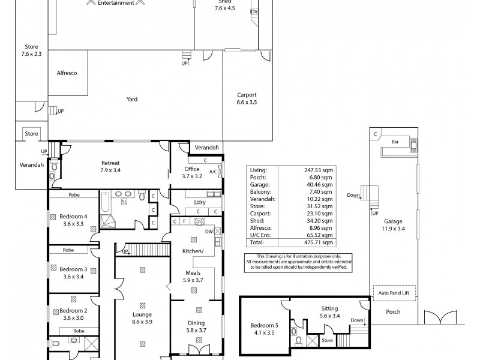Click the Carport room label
[247, 98]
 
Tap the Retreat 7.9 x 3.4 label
[110, 166]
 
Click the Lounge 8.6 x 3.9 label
[142, 318]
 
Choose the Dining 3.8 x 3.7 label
[196, 326]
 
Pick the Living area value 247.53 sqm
[321, 171]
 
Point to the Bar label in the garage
[395, 142]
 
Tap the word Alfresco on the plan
[67, 73]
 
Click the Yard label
[132, 99]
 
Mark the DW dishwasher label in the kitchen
[208, 231]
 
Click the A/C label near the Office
[213, 172]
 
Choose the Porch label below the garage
[392, 312]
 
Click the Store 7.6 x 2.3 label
[31, 50]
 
